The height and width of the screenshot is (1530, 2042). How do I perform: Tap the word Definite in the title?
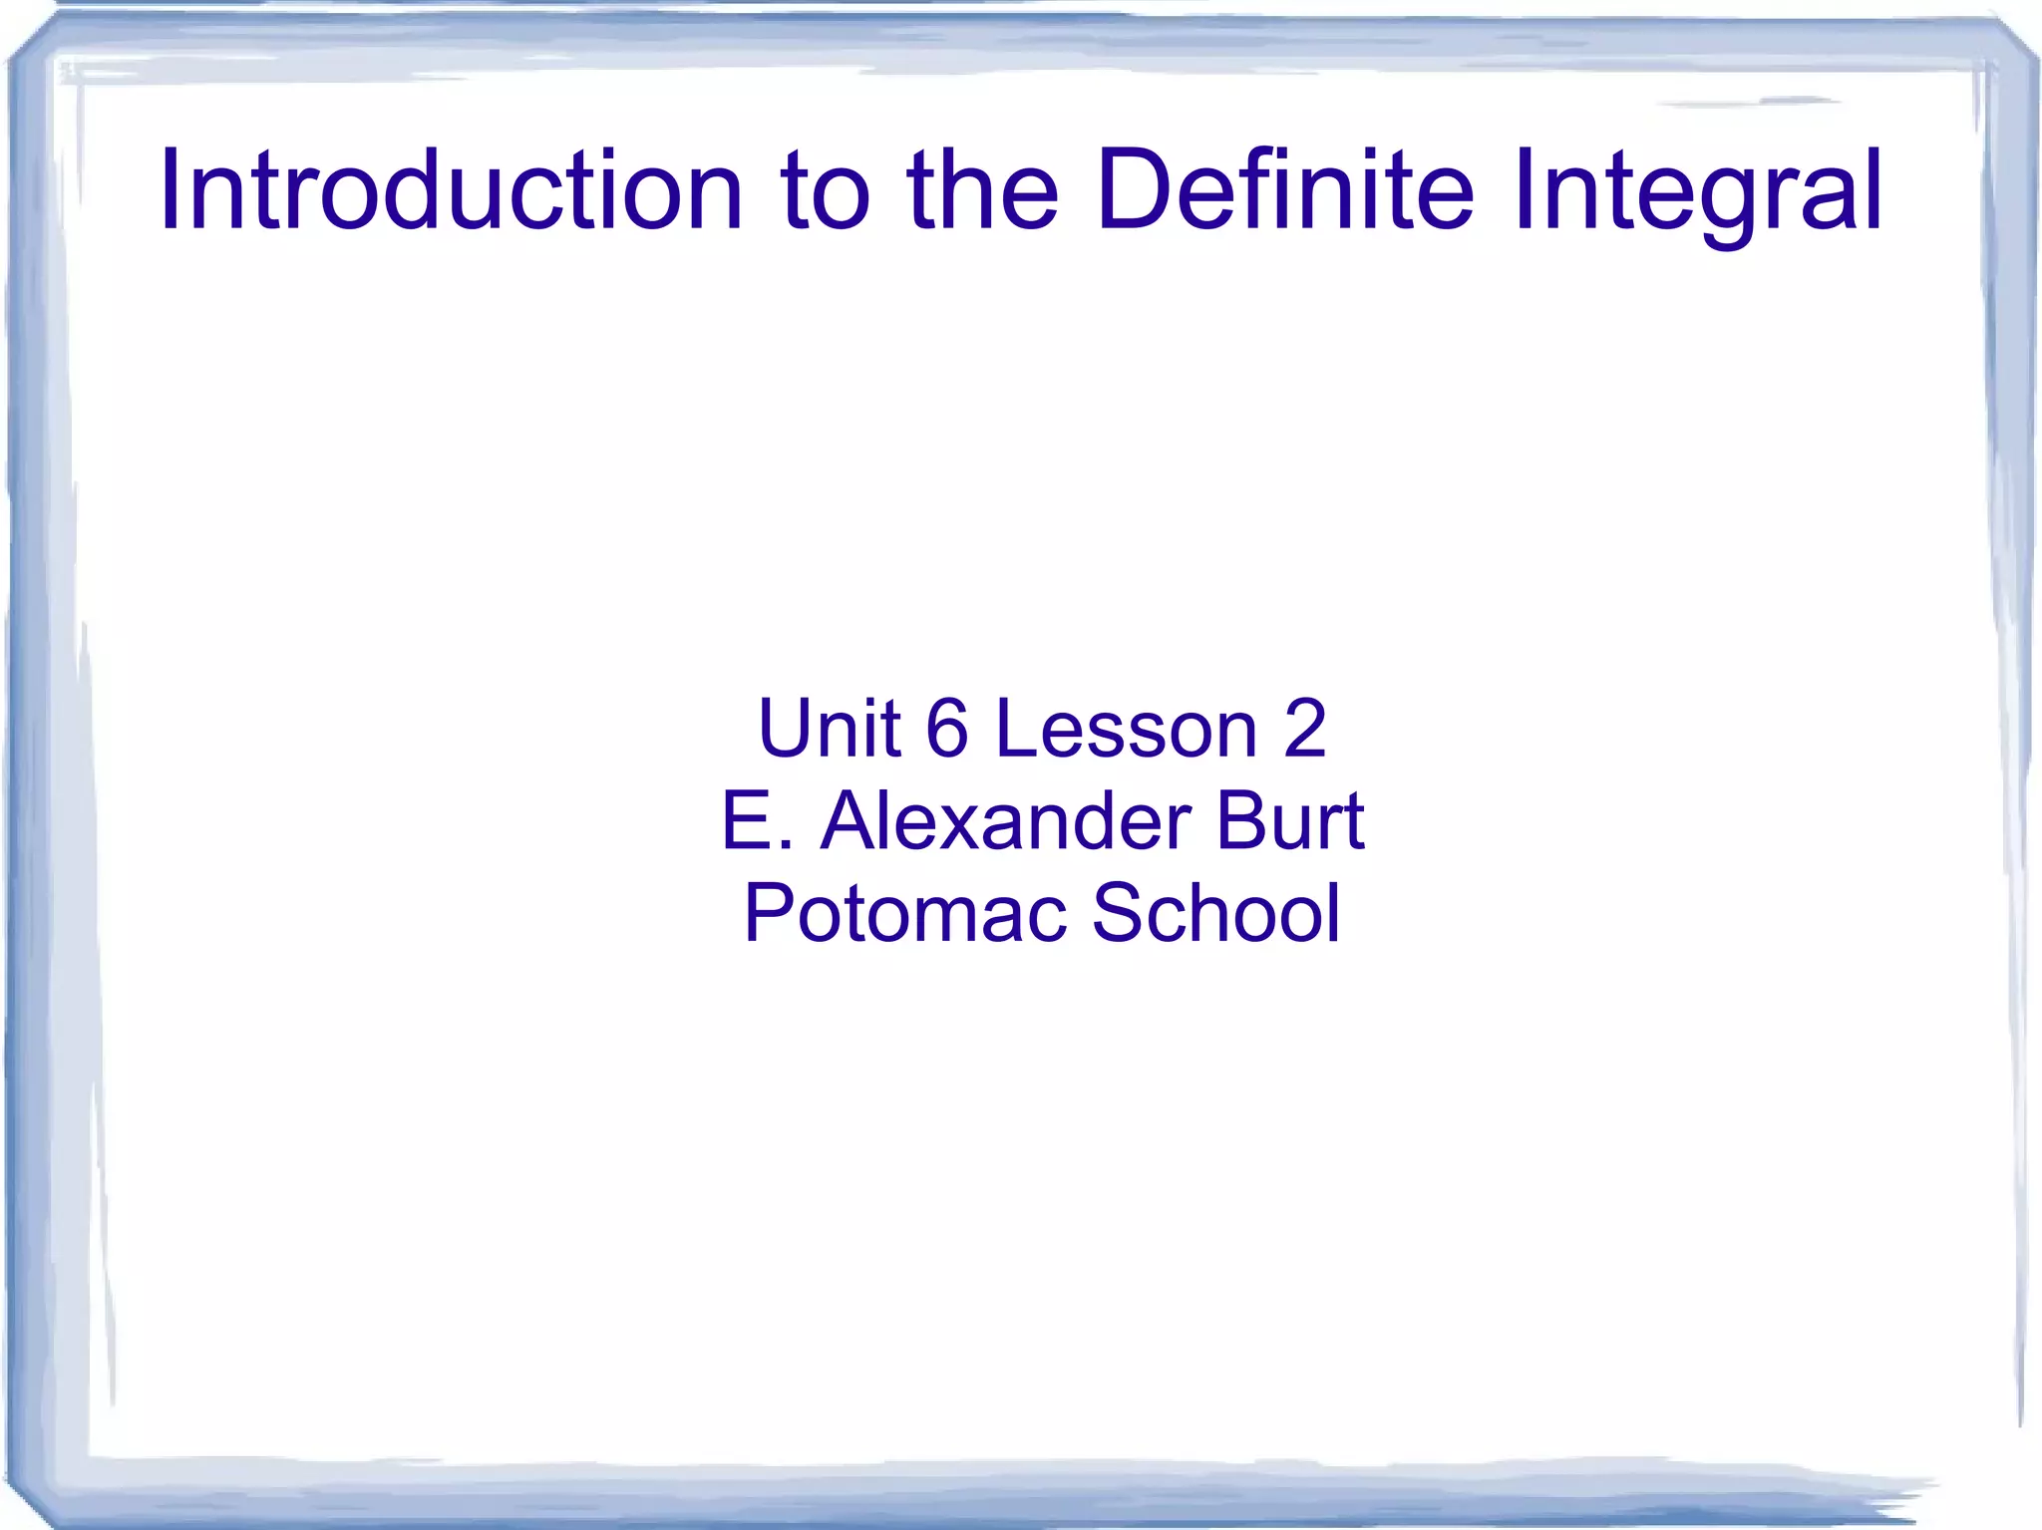[x=1284, y=189]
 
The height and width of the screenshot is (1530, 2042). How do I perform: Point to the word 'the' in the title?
[x=983, y=189]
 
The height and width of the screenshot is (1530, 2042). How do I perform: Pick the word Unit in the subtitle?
[x=830, y=728]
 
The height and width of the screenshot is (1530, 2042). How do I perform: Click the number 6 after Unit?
[x=947, y=728]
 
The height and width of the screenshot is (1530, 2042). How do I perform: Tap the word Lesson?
[x=1127, y=728]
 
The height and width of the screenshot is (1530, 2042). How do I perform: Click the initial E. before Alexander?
[x=757, y=820]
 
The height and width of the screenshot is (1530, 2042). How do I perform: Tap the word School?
[x=1216, y=912]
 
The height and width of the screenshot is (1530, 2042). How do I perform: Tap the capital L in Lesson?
[x=1017, y=728]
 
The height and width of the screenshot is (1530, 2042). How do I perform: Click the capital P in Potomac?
[x=770, y=912]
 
